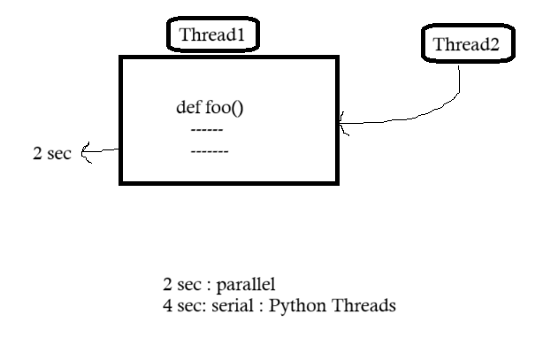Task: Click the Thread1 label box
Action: tap(213, 35)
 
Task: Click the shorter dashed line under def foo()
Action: tap(207, 130)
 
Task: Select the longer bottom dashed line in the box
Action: tap(210, 151)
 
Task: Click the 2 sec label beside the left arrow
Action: tap(51, 152)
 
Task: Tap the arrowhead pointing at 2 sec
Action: tap(86, 153)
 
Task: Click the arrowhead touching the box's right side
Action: tap(343, 128)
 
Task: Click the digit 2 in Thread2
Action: tap(493, 44)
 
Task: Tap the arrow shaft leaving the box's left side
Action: tap(104, 151)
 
